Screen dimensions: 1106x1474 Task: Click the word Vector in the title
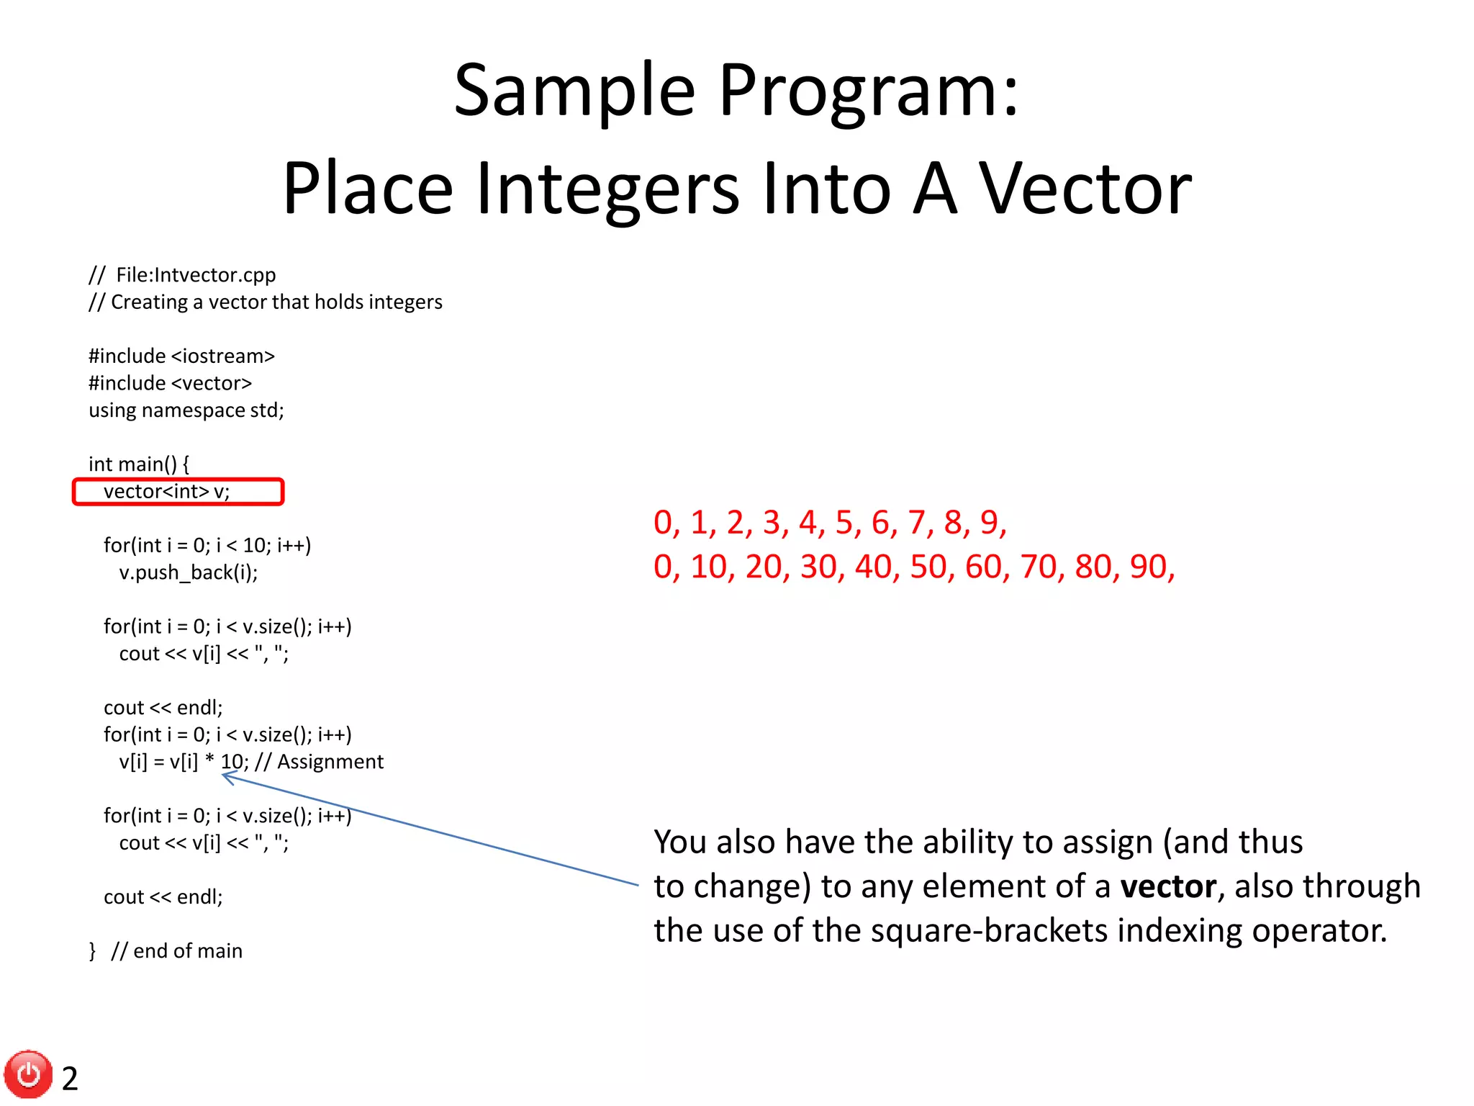pyautogui.click(x=1085, y=189)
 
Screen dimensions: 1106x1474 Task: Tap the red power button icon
pyautogui.click(x=29, y=1074)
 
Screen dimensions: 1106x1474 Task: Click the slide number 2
pyautogui.click(x=70, y=1079)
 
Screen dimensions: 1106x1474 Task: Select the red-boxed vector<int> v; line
pyautogui.click(x=166, y=492)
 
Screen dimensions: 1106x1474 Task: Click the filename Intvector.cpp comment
pyautogui.click(x=196, y=275)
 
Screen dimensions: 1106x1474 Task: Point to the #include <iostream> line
pyautogui.click(x=181, y=356)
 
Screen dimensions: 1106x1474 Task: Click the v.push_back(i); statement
pyautogui.click(x=188, y=572)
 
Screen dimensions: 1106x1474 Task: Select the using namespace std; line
pyautogui.click(x=186, y=410)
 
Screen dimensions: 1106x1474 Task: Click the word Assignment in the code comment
pyautogui.click(x=330, y=762)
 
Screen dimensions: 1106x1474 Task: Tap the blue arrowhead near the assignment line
pyautogui.click(x=227, y=777)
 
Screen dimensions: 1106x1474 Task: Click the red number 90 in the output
pyautogui.click(x=1148, y=567)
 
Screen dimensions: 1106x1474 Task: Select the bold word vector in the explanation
pyautogui.click(x=1167, y=886)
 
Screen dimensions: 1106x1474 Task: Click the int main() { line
pyautogui.click(x=138, y=464)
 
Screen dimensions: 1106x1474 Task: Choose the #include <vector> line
pyautogui.click(x=170, y=383)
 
